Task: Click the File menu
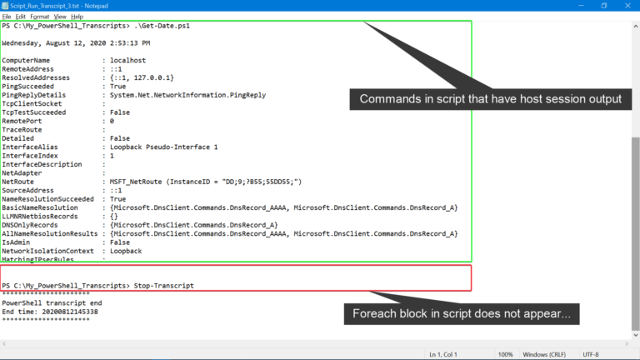coord(7,17)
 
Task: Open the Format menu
coord(40,17)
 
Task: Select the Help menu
coord(77,17)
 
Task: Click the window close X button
coord(627,6)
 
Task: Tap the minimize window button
coord(581,6)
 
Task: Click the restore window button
coord(604,6)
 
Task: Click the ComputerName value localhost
coord(127,60)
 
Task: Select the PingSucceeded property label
coord(27,87)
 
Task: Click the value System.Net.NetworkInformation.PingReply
coord(187,95)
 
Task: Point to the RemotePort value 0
coord(112,121)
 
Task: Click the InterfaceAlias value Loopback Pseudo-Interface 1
coord(163,147)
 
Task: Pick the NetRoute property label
coord(18,182)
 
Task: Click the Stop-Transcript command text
coord(163,286)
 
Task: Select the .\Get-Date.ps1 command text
coord(162,26)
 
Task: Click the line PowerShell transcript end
coord(52,302)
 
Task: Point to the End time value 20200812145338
coord(70,312)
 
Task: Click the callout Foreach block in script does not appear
coord(462,314)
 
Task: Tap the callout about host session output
coord(491,99)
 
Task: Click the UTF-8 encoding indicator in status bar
coord(591,354)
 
